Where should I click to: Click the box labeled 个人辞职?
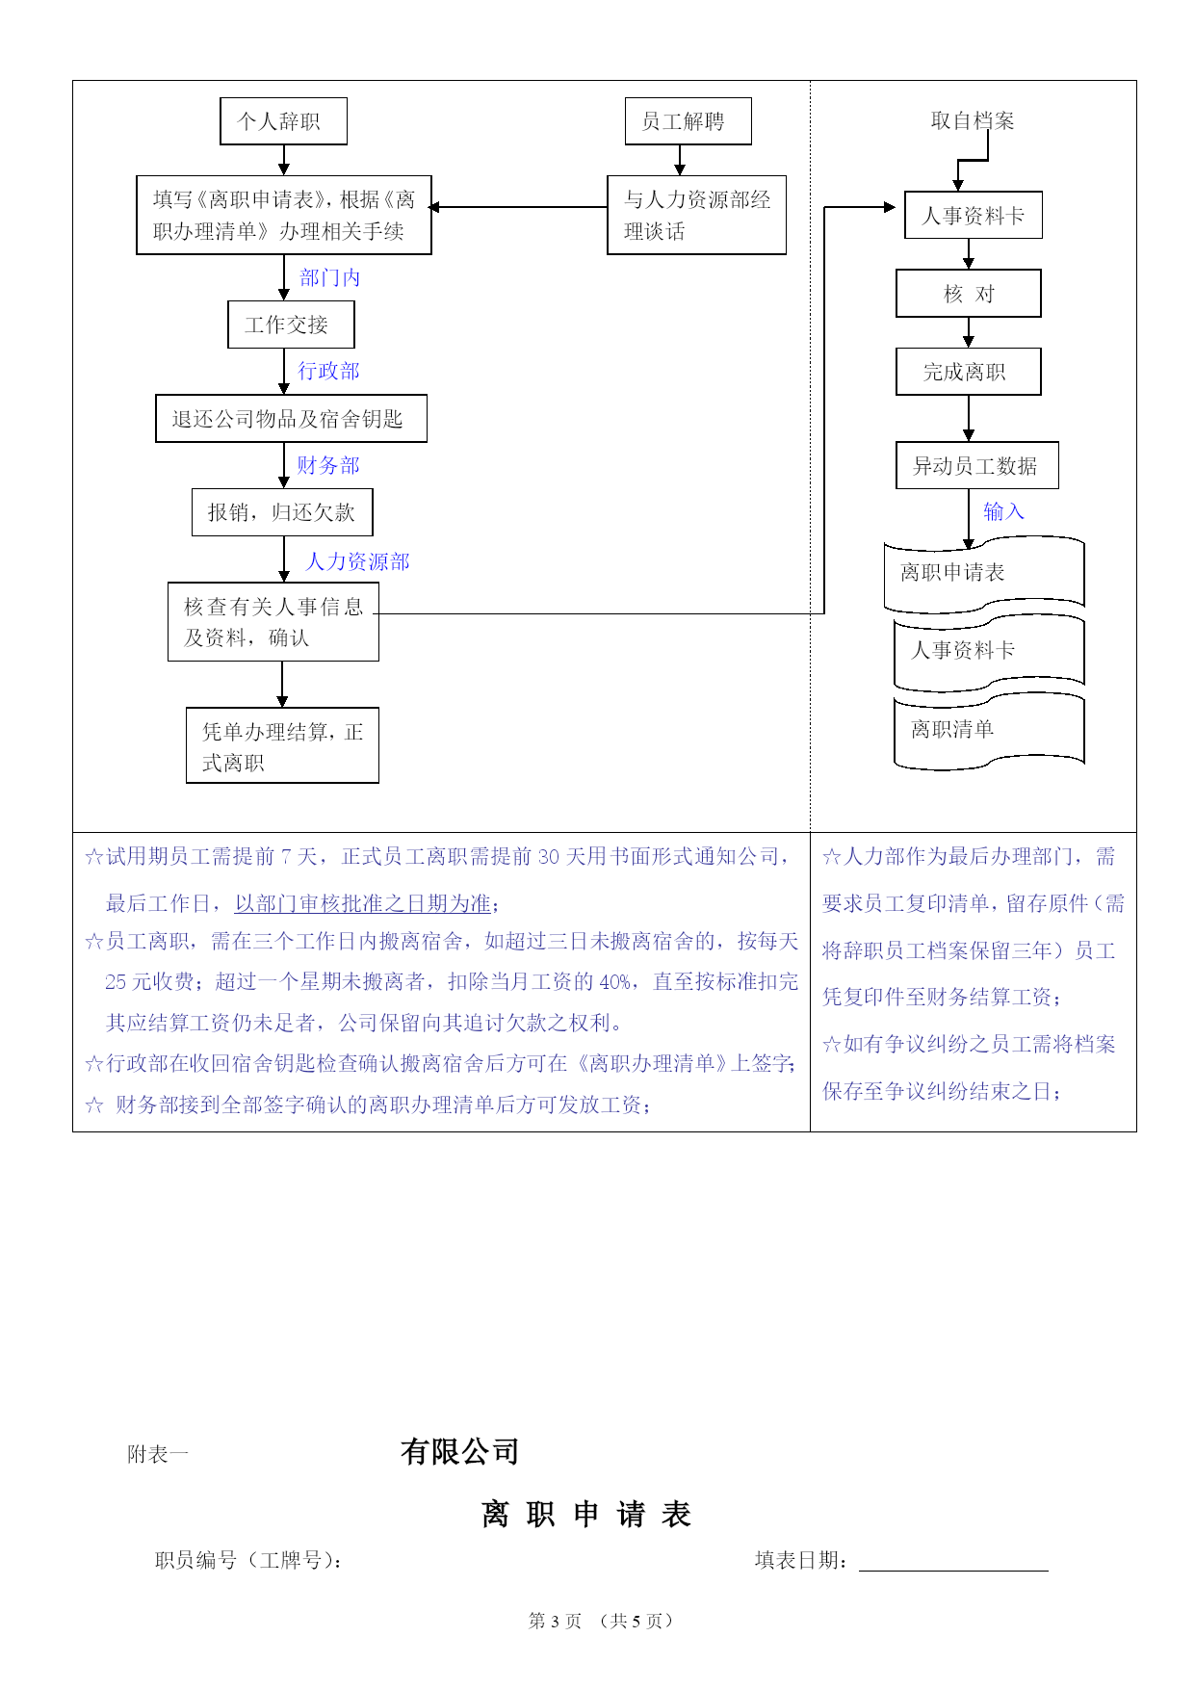(283, 121)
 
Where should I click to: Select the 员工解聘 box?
(688, 121)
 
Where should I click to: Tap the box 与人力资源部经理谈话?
(696, 215)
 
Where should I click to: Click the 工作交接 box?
(291, 325)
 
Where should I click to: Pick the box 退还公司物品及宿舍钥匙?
(291, 419)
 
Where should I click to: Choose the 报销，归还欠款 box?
(282, 512)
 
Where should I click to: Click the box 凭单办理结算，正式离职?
(282, 745)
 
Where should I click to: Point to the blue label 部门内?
(330, 278)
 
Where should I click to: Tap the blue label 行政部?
(328, 371)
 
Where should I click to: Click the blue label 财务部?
(328, 465)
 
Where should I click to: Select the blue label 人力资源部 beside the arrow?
(357, 561)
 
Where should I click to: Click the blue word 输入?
(1003, 511)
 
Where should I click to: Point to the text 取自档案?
(973, 120)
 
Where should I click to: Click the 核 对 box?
(969, 294)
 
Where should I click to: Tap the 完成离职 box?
(969, 372)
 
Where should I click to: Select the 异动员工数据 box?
(977, 466)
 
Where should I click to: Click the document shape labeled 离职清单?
(989, 733)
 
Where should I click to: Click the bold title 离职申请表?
(586, 1514)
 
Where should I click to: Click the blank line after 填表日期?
(953, 1571)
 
